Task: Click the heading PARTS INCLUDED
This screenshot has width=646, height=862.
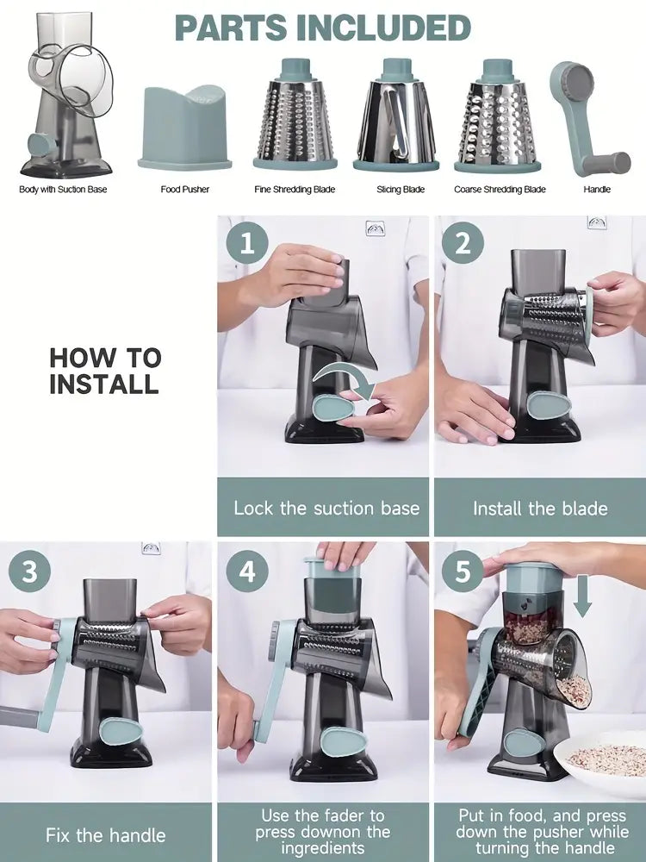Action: (322, 28)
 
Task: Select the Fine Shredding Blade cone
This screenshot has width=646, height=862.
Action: (295, 114)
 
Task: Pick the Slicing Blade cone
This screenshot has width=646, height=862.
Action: (395, 115)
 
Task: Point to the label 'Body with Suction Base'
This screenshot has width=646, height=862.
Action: (63, 190)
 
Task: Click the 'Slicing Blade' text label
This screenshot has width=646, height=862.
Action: (401, 190)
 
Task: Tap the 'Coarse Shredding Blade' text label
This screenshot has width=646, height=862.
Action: (500, 190)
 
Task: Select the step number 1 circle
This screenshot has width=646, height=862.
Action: (247, 242)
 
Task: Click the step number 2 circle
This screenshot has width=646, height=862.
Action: (463, 242)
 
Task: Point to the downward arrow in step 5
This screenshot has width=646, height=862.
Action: (582, 597)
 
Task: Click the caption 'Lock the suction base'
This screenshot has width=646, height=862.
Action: (326, 508)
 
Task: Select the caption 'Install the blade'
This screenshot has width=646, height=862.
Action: (541, 508)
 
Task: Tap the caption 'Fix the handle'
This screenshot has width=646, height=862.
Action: (105, 835)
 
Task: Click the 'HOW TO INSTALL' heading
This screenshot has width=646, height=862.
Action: (105, 371)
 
